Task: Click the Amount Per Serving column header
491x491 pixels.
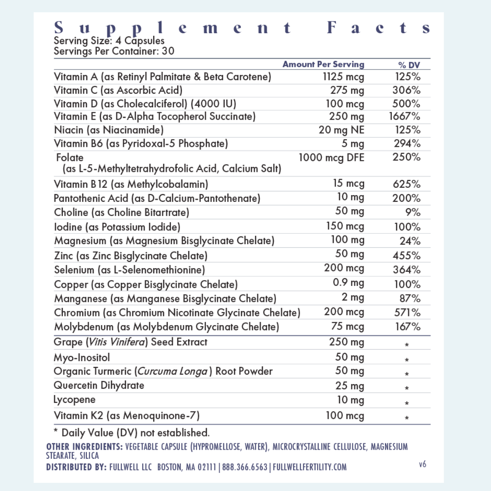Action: point(323,65)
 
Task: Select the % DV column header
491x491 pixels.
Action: point(409,65)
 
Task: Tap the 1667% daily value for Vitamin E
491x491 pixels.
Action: point(405,117)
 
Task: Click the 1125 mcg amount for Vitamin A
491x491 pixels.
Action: point(343,77)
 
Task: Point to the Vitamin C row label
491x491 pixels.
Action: point(118,90)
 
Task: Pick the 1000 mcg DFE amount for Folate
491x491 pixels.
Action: point(331,158)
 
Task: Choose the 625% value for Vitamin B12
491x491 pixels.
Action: point(406,185)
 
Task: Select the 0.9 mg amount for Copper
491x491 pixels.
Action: point(348,283)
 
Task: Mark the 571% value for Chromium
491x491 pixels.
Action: point(407,313)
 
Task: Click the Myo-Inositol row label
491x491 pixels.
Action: point(82,358)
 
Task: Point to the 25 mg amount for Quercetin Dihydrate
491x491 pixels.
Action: point(350,386)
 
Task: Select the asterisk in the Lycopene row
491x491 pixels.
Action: point(407,403)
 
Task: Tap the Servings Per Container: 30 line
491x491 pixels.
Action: point(114,51)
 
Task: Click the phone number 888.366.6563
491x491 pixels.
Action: point(245,467)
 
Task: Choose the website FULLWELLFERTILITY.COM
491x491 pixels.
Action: point(309,467)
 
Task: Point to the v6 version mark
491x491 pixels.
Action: point(422,464)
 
